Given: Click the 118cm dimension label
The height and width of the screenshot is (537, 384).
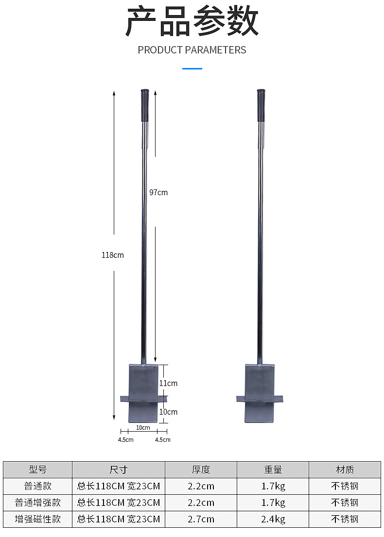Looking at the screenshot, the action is pyautogui.click(x=112, y=255).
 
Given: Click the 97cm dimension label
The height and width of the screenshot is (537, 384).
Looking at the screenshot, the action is pyautogui.click(x=158, y=192).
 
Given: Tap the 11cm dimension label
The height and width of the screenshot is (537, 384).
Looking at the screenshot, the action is pyautogui.click(x=168, y=383).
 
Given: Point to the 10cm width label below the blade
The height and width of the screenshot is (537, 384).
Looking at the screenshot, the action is pyautogui.click(x=143, y=427).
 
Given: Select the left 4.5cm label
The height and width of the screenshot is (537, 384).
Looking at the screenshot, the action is pyautogui.click(x=126, y=440).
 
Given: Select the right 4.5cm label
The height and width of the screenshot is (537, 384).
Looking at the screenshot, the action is pyautogui.click(x=162, y=440).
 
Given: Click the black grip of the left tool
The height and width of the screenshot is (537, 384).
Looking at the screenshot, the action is pyautogui.click(x=145, y=105).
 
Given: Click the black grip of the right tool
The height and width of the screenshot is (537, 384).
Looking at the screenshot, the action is pyautogui.click(x=261, y=105).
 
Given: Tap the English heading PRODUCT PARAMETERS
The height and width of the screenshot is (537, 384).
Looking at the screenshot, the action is pyautogui.click(x=192, y=50).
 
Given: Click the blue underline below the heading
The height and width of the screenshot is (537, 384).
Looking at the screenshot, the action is pyautogui.click(x=192, y=68).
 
